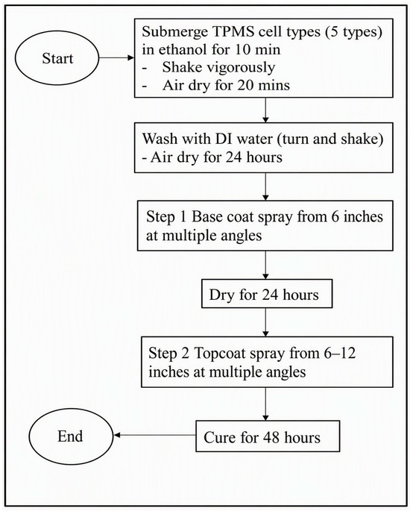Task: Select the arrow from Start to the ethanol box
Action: pyautogui.click(x=116, y=58)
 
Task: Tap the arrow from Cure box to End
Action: pyautogui.click(x=155, y=436)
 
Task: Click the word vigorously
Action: pyautogui.click(x=244, y=68)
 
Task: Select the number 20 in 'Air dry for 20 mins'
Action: pyautogui.click(x=246, y=85)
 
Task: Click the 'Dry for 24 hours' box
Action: pyautogui.click(x=267, y=294)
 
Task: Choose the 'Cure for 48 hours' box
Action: pyautogui.click(x=268, y=436)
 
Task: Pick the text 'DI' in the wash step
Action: pyautogui.click(x=224, y=139)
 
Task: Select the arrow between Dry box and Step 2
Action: pyautogui.click(x=265, y=322)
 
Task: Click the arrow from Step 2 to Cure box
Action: pyautogui.click(x=265, y=404)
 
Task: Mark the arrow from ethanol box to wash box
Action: pyautogui.click(x=265, y=110)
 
